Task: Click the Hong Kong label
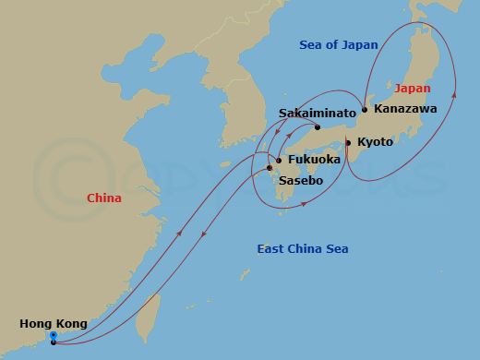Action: point(54,324)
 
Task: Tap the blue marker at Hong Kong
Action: point(54,335)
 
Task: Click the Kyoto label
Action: point(375,142)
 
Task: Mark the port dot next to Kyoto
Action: point(347,142)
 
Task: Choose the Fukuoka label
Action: point(314,160)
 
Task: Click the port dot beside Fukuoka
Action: point(279,160)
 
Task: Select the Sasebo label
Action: point(301,182)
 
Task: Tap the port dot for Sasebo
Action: point(270,168)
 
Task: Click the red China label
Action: point(104,198)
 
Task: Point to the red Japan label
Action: point(412,89)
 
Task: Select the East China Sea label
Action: point(303,249)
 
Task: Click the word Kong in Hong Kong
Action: point(71,324)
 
